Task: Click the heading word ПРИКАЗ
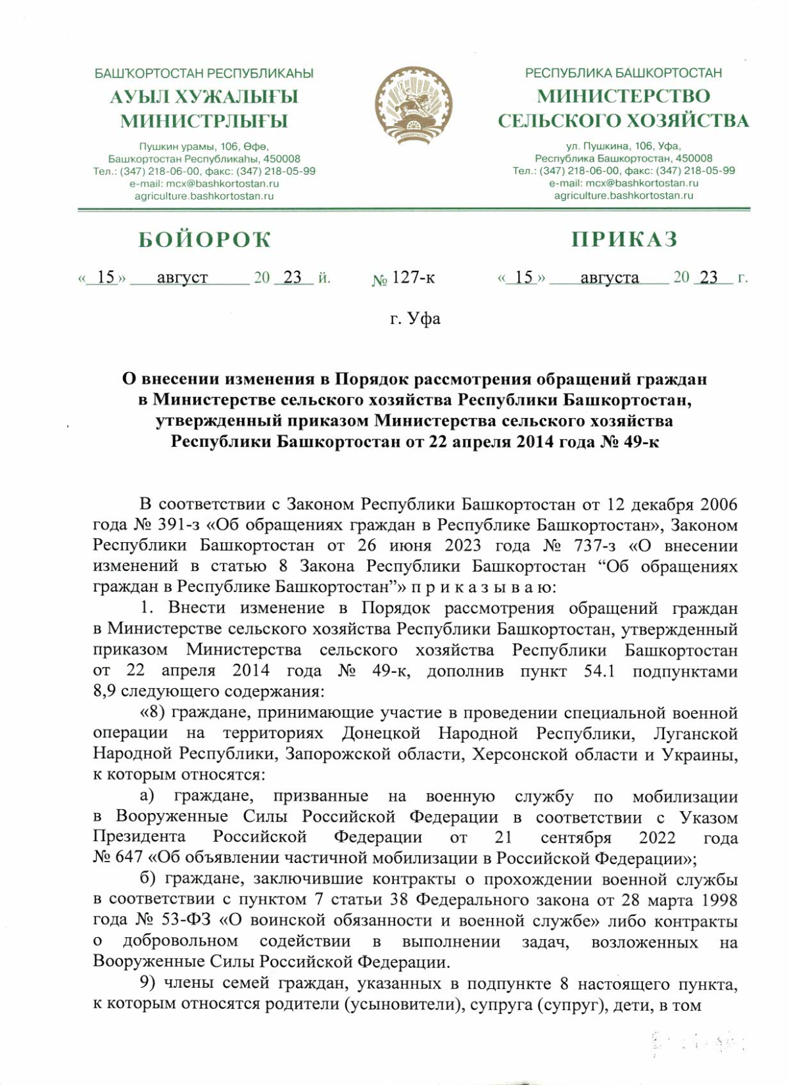[x=623, y=239]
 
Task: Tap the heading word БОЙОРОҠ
[x=204, y=240]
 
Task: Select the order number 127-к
[x=413, y=277]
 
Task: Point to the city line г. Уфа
[x=415, y=319]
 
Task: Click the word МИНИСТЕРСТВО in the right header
[x=623, y=96]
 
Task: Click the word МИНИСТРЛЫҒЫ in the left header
[x=204, y=121]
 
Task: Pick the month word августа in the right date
[x=609, y=277]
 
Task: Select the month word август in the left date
[x=182, y=277]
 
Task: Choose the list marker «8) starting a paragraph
[x=153, y=712]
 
